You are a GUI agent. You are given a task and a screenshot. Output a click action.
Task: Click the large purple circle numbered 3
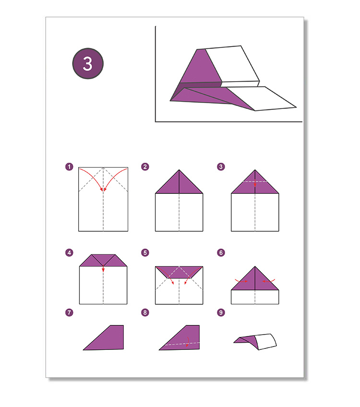pos(88,63)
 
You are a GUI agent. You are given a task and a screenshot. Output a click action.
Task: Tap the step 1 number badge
pos(69,167)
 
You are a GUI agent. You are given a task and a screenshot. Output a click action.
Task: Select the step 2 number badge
pos(145,167)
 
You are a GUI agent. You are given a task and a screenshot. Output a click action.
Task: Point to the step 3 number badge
pos(221,167)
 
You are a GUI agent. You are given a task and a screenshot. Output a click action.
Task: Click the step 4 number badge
pos(69,252)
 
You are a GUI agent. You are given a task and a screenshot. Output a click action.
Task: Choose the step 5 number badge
pos(145,252)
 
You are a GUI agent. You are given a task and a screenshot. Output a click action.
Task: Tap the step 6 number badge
pos(221,252)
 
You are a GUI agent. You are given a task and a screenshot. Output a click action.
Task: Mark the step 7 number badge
pos(69,312)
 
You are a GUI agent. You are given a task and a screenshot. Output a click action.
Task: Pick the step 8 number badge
pos(145,312)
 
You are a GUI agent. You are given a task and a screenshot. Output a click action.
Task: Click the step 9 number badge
pos(221,312)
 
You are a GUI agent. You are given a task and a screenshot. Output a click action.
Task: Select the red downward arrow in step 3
pos(255,183)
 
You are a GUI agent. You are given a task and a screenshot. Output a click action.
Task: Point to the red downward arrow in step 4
pos(103,268)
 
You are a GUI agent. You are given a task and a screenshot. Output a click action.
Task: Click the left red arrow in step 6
pos(241,281)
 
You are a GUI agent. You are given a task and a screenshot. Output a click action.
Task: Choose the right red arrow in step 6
pos(268,281)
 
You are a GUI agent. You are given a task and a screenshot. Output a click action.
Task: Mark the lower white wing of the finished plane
pos(262,99)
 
